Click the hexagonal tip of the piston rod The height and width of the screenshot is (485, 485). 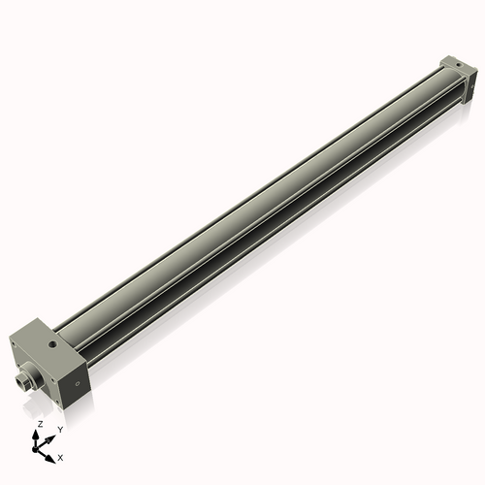click(x=22, y=383)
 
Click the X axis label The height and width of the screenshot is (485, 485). click(x=61, y=456)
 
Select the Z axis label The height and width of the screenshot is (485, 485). click(x=39, y=424)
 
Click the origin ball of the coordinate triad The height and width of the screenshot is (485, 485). click(x=37, y=451)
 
